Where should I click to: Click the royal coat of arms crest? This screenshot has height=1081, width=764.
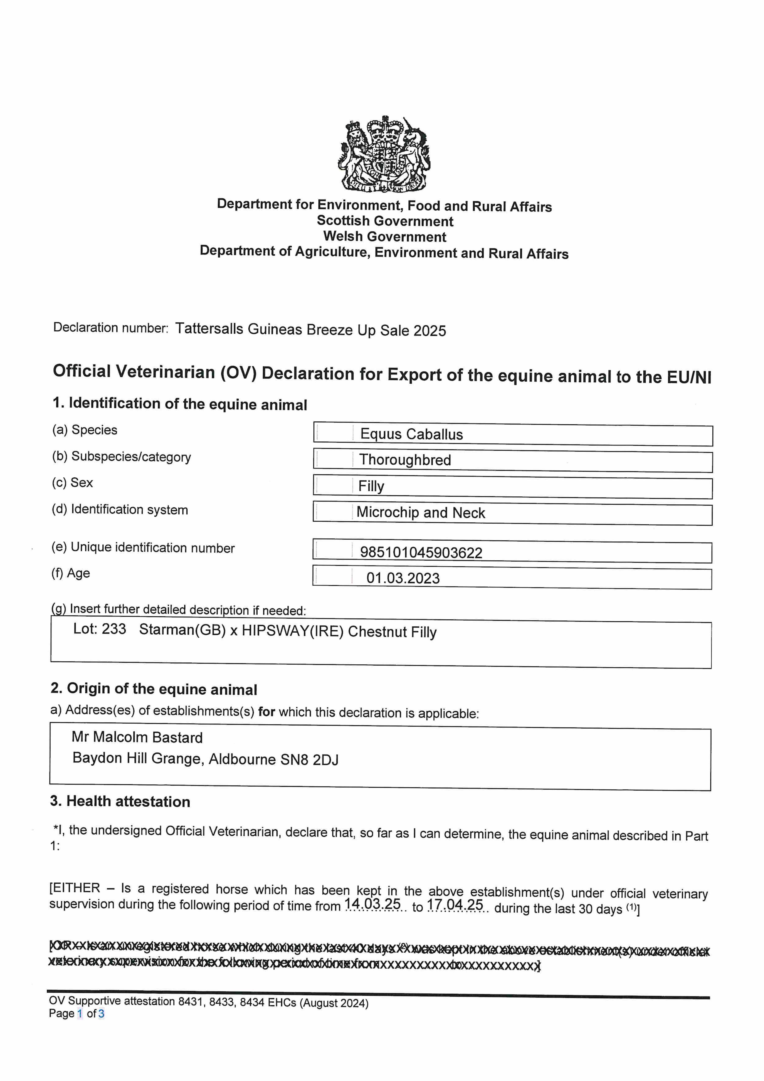click(x=384, y=154)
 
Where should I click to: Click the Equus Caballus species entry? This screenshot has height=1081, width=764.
click(x=412, y=434)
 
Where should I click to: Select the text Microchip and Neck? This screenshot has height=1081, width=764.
click(x=420, y=512)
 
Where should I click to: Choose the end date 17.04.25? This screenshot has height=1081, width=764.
click(x=455, y=904)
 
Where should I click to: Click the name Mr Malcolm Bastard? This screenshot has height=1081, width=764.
click(x=137, y=737)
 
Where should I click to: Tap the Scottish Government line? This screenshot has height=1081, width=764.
click(x=384, y=221)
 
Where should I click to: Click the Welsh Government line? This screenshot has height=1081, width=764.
click(x=384, y=236)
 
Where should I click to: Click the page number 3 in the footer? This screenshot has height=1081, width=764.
click(x=101, y=1013)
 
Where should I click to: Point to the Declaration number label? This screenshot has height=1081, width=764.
click(x=111, y=328)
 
